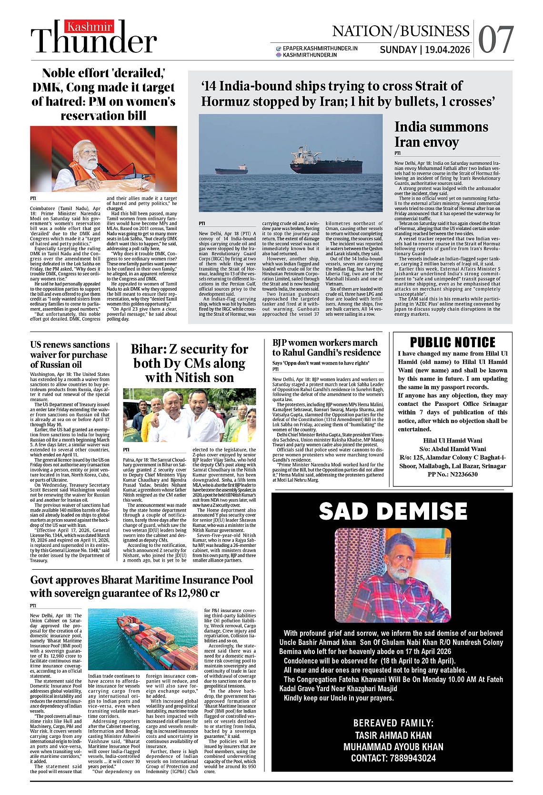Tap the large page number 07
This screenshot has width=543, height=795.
(495, 40)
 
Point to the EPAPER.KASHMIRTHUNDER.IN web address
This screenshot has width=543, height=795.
(320, 48)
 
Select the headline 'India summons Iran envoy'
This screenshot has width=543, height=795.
(441, 134)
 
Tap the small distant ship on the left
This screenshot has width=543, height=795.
(231, 170)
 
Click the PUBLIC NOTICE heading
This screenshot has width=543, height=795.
(452, 342)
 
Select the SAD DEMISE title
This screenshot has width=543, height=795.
(393, 512)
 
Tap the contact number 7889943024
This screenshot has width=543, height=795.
(412, 758)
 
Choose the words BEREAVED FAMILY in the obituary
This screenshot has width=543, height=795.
(393, 723)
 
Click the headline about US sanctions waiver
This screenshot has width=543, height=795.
(70, 354)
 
